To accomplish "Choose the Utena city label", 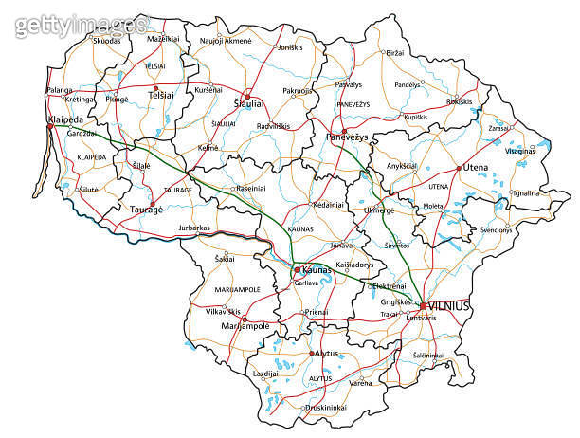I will coord(475,167).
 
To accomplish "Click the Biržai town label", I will coord(396,54).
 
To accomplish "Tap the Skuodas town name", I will coord(106,40).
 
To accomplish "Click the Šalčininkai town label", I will coord(428,356).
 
